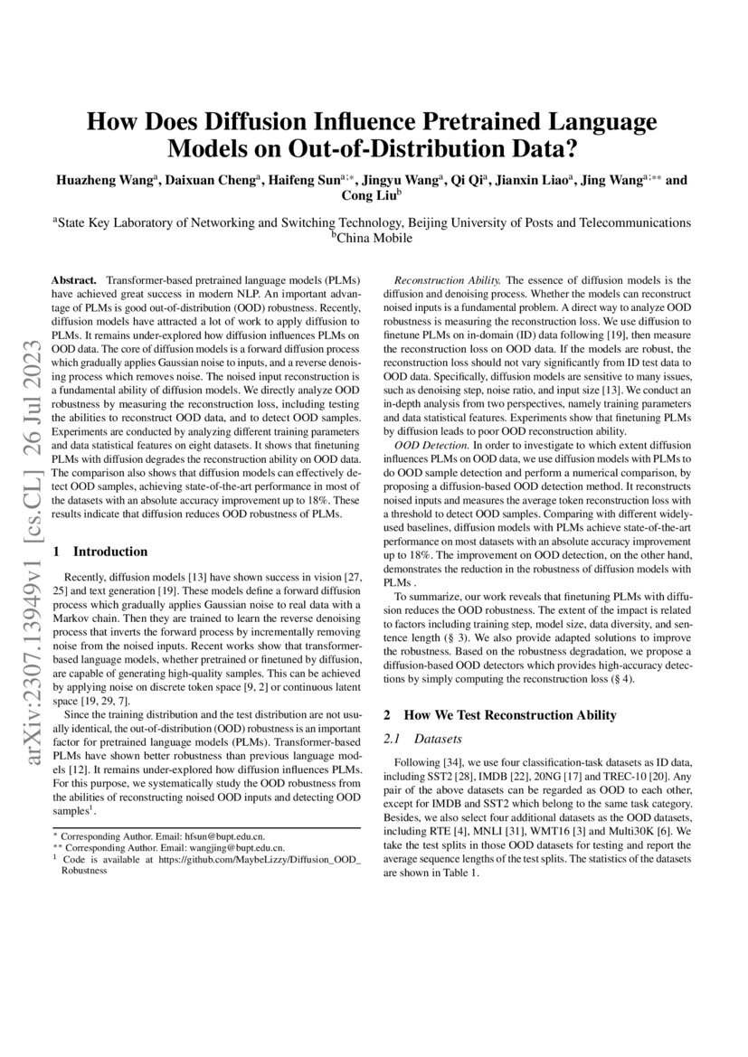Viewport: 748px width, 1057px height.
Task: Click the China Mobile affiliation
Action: coord(373,238)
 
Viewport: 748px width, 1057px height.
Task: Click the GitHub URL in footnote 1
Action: coord(263,860)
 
